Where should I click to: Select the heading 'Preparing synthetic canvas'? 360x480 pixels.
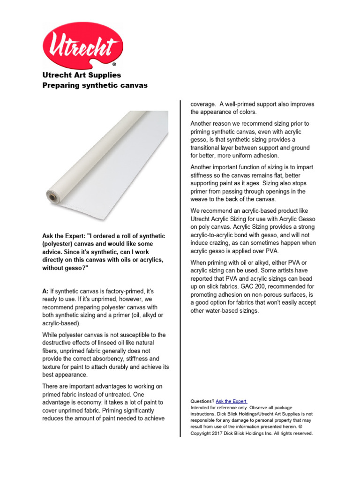tap(95, 85)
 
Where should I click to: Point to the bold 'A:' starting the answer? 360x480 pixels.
tap(45, 291)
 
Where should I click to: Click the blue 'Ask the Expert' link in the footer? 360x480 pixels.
tap(231, 402)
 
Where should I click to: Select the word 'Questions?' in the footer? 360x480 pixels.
tap(202, 402)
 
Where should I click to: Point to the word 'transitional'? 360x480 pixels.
tap(208, 148)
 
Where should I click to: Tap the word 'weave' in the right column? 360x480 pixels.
tap(200, 200)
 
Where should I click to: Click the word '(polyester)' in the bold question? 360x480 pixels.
tap(59, 244)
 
